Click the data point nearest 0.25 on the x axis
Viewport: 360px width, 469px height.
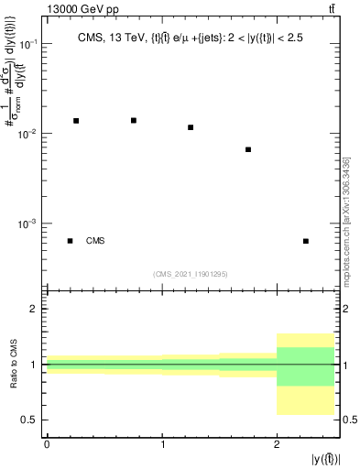click(76, 120)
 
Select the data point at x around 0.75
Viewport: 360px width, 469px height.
click(134, 120)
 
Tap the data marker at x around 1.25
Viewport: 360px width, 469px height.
click(191, 127)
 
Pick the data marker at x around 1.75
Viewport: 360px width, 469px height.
click(248, 149)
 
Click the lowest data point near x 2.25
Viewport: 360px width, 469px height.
click(305, 241)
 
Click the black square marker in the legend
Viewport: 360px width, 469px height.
click(70, 241)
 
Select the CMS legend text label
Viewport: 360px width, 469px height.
click(95, 241)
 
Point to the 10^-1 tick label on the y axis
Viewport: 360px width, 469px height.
click(27, 44)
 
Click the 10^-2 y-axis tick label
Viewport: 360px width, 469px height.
click(27, 134)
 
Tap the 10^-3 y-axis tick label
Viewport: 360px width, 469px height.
click(27, 224)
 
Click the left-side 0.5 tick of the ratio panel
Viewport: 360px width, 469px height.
click(34, 420)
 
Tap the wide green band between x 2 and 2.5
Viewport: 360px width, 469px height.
click(305, 366)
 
